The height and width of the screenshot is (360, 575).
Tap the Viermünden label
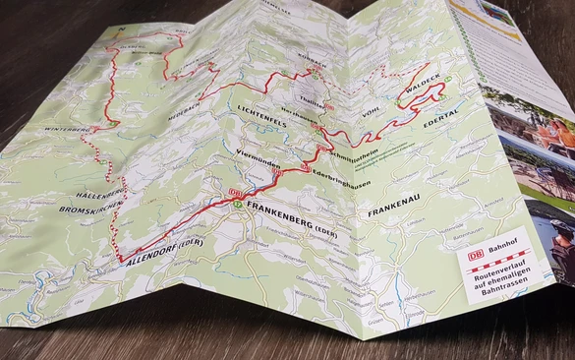click(259, 155)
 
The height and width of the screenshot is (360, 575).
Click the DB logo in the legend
click(475, 253)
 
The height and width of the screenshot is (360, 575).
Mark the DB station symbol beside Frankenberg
click(235, 193)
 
